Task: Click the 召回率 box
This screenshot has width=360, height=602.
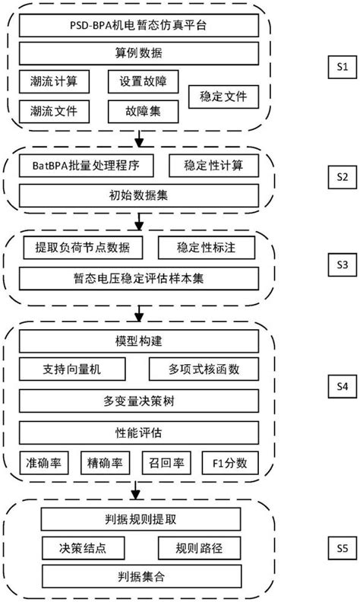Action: pyautogui.click(x=162, y=461)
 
